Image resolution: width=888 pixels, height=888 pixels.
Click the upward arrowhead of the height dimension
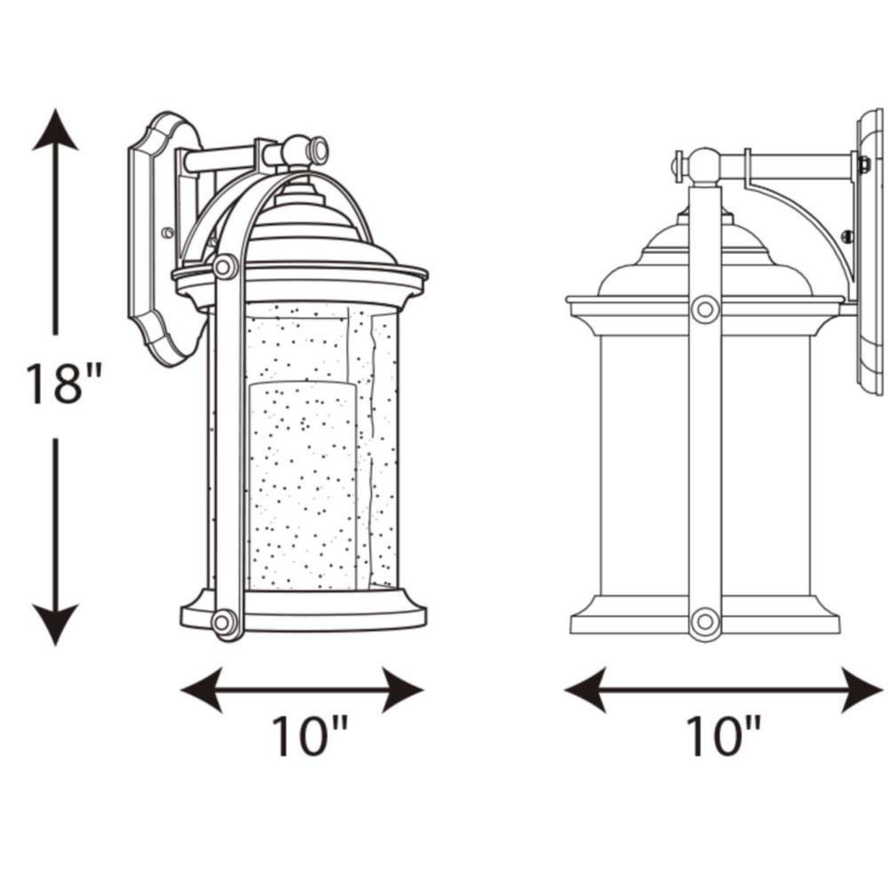(x=55, y=131)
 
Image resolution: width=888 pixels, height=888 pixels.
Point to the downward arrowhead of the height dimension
(x=55, y=624)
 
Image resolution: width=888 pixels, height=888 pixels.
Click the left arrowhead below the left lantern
(x=202, y=690)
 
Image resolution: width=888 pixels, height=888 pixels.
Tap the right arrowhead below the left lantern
(x=402, y=690)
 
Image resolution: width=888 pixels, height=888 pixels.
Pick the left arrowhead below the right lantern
(x=585, y=690)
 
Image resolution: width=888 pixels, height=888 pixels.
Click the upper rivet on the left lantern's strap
(x=225, y=266)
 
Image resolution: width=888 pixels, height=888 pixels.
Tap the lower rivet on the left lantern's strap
(x=222, y=622)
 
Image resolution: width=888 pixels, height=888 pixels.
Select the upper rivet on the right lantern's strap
(x=705, y=309)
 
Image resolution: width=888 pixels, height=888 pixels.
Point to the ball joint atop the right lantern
(x=704, y=166)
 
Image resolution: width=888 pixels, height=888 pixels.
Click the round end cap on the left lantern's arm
(x=318, y=152)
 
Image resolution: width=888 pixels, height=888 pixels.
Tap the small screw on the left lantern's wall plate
(x=167, y=232)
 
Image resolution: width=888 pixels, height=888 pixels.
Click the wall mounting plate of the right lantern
(x=869, y=255)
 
